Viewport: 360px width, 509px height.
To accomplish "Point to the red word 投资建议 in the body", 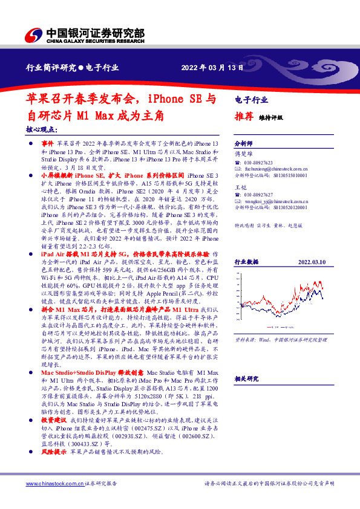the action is (53, 419).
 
